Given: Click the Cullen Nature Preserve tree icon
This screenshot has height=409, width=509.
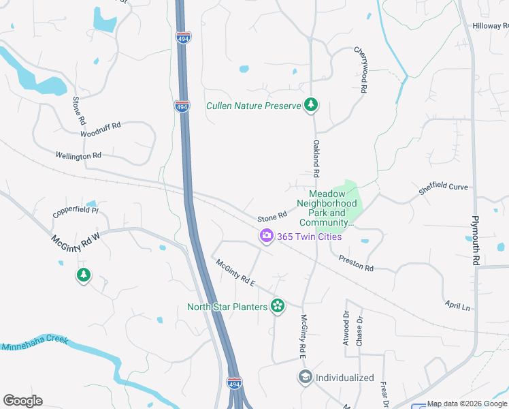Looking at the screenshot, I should tap(311, 105).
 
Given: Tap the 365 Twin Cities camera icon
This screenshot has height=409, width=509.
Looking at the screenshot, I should tap(266, 236).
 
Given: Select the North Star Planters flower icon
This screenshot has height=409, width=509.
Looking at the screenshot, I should tap(277, 306).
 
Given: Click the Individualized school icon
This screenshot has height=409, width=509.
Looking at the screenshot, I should tap(305, 377).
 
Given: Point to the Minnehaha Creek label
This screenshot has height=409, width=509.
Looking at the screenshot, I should tap(35, 344).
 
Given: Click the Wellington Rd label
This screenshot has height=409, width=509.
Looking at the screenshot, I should tap(78, 156).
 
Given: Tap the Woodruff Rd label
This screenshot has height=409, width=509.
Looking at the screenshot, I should tap(100, 130).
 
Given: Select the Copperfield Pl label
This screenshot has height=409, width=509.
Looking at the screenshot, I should tap(76, 212).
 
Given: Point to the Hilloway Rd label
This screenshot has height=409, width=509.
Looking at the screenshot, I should tap(491, 26).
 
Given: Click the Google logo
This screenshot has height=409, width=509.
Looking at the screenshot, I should tap(22, 401).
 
